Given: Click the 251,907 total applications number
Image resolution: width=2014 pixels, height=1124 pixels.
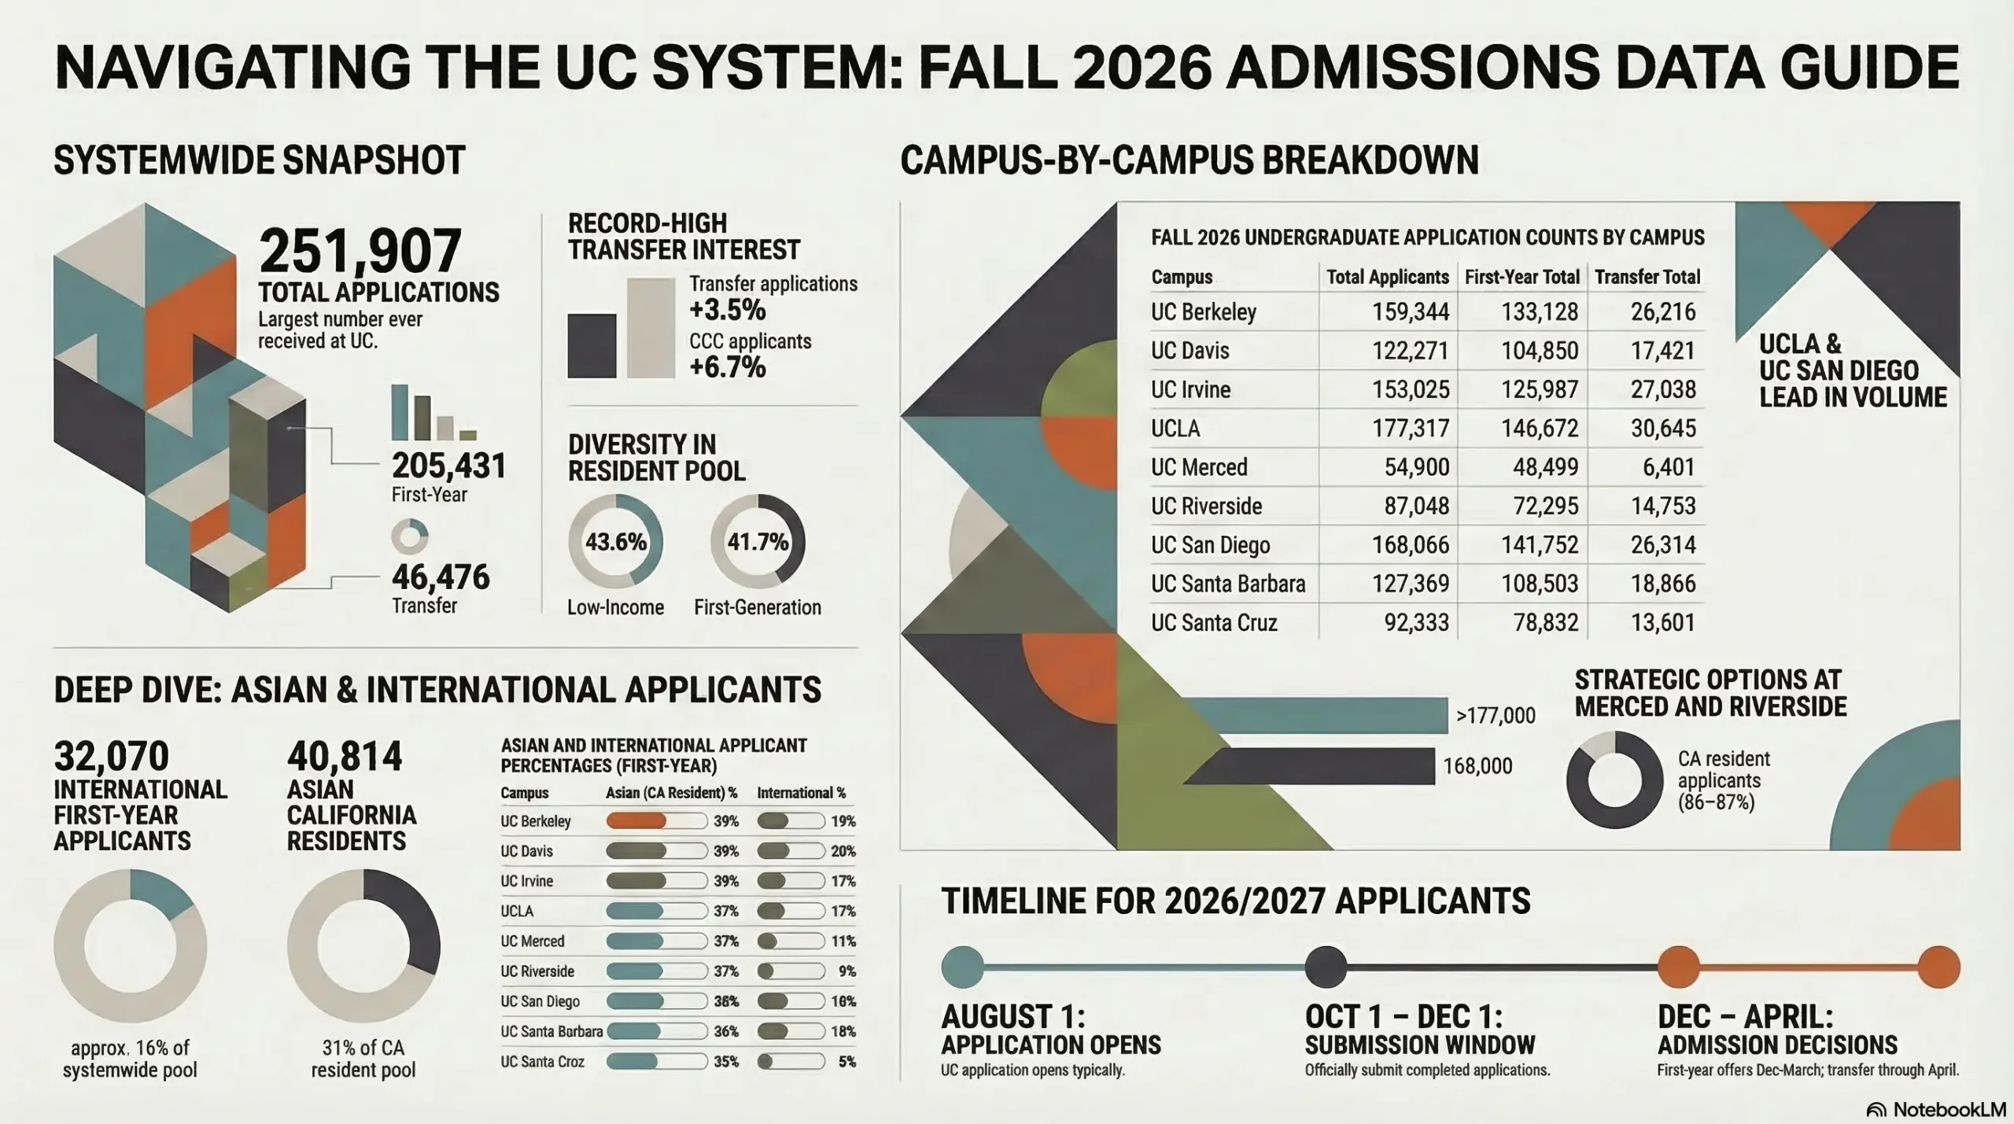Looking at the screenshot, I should [360, 251].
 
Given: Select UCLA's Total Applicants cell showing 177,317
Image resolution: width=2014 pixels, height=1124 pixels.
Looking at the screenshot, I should [1410, 429].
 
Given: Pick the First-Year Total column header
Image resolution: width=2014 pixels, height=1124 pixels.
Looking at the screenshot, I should [1522, 277].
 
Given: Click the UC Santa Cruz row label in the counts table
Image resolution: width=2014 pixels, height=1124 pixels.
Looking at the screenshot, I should [1213, 623].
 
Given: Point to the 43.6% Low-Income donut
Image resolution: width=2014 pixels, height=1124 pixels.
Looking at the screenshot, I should [615, 541].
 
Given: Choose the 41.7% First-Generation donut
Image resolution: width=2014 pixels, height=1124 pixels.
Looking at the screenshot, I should [757, 541].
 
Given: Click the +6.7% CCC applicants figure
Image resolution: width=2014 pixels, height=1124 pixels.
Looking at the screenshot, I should [727, 367].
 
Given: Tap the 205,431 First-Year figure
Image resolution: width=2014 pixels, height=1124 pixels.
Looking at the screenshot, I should [448, 466].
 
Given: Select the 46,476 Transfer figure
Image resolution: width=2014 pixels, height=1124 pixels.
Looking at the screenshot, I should [441, 577].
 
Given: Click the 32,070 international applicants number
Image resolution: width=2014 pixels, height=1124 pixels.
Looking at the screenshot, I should [111, 757].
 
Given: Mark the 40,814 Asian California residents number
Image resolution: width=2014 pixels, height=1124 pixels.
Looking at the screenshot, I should [344, 757].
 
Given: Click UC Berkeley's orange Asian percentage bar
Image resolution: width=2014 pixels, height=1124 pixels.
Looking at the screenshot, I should [636, 821].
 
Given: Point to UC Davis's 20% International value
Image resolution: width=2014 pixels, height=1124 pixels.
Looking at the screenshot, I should [843, 851].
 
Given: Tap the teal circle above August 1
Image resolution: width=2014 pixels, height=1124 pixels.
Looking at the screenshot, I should [962, 967].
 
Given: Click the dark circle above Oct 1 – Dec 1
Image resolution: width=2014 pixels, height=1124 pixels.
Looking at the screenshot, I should [1326, 967].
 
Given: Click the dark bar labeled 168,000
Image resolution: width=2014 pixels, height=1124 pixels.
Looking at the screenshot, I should [1314, 766].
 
